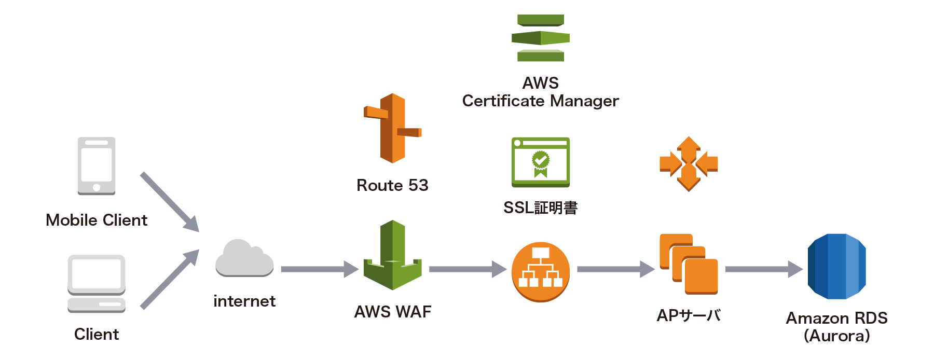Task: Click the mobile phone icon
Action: coord(97,165)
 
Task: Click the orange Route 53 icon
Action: coord(392,128)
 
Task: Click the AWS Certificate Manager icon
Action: coord(540,38)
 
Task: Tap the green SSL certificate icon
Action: coord(541,162)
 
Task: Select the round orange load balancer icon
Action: coord(541,272)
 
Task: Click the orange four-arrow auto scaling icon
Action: coord(689,164)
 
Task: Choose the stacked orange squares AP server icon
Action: coord(689,264)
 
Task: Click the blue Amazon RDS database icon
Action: coord(836,266)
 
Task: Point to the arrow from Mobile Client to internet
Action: coord(169,202)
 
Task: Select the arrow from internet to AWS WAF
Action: coord(319,269)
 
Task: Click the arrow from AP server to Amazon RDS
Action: coord(763,269)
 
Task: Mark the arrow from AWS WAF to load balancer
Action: coord(468,269)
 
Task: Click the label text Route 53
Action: coord(392,185)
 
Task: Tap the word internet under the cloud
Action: coord(244,301)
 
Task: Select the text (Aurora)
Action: coord(836,336)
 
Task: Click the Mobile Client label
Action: coord(97,220)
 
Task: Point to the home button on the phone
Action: coord(97,188)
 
